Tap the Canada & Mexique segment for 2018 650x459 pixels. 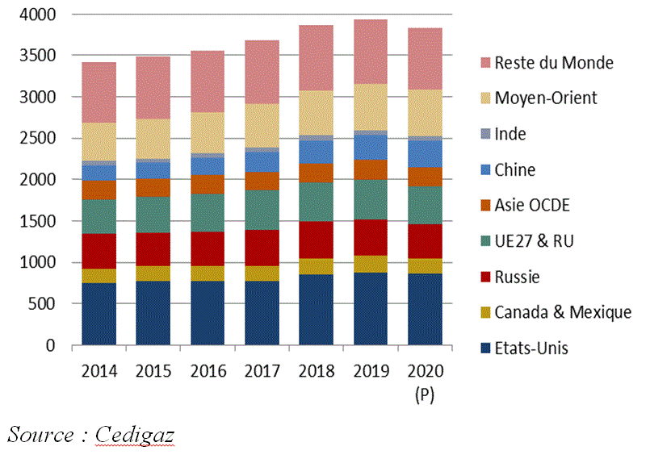pyautogui.click(x=316, y=266)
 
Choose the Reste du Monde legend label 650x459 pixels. pyautogui.click(x=553, y=63)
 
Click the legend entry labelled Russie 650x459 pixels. pyautogui.click(x=517, y=277)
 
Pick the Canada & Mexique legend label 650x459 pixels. pyautogui.click(x=563, y=312)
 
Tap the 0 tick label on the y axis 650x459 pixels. pyautogui.click(x=50, y=345)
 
